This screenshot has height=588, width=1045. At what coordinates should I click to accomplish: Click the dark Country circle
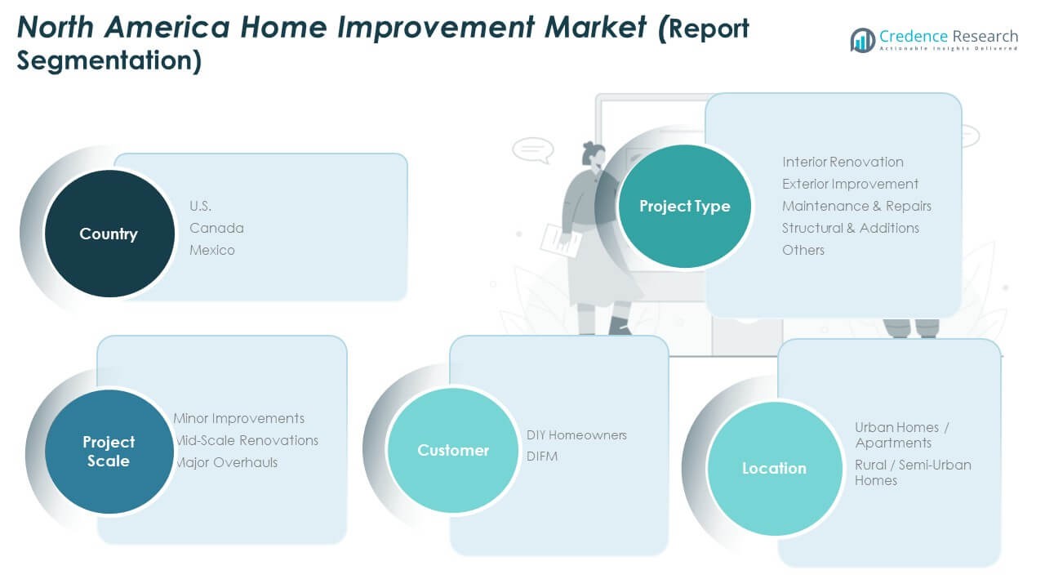(x=109, y=234)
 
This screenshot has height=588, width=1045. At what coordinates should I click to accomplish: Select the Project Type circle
(x=684, y=206)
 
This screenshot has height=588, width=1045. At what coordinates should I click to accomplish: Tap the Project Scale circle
(x=109, y=452)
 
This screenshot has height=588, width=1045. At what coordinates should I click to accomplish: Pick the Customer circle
(x=452, y=450)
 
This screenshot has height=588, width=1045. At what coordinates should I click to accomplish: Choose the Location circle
(x=775, y=468)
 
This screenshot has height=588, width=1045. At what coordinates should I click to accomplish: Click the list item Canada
(x=216, y=228)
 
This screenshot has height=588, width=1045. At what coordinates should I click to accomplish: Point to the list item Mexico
(x=211, y=250)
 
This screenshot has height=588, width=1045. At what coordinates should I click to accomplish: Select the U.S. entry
(x=200, y=206)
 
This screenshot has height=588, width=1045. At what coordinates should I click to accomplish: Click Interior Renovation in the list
(x=843, y=162)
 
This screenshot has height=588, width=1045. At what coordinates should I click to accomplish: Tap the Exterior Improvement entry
(x=851, y=184)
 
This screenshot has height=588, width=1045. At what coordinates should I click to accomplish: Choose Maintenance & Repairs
(x=856, y=206)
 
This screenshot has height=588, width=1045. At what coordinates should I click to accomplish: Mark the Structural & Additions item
(x=851, y=228)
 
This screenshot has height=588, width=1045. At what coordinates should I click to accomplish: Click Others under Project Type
(x=803, y=250)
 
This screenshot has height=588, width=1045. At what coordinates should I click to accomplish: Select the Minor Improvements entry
(x=239, y=418)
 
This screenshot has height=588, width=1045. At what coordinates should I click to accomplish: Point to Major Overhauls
(x=227, y=462)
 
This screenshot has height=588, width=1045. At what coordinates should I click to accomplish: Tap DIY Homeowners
(x=576, y=435)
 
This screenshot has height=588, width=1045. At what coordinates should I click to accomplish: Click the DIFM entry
(x=542, y=457)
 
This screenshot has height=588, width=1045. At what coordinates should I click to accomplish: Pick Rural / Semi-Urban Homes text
(x=913, y=472)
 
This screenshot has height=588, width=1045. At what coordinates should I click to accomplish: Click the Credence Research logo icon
(x=863, y=40)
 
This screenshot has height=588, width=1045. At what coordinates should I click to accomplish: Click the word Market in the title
(x=596, y=27)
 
